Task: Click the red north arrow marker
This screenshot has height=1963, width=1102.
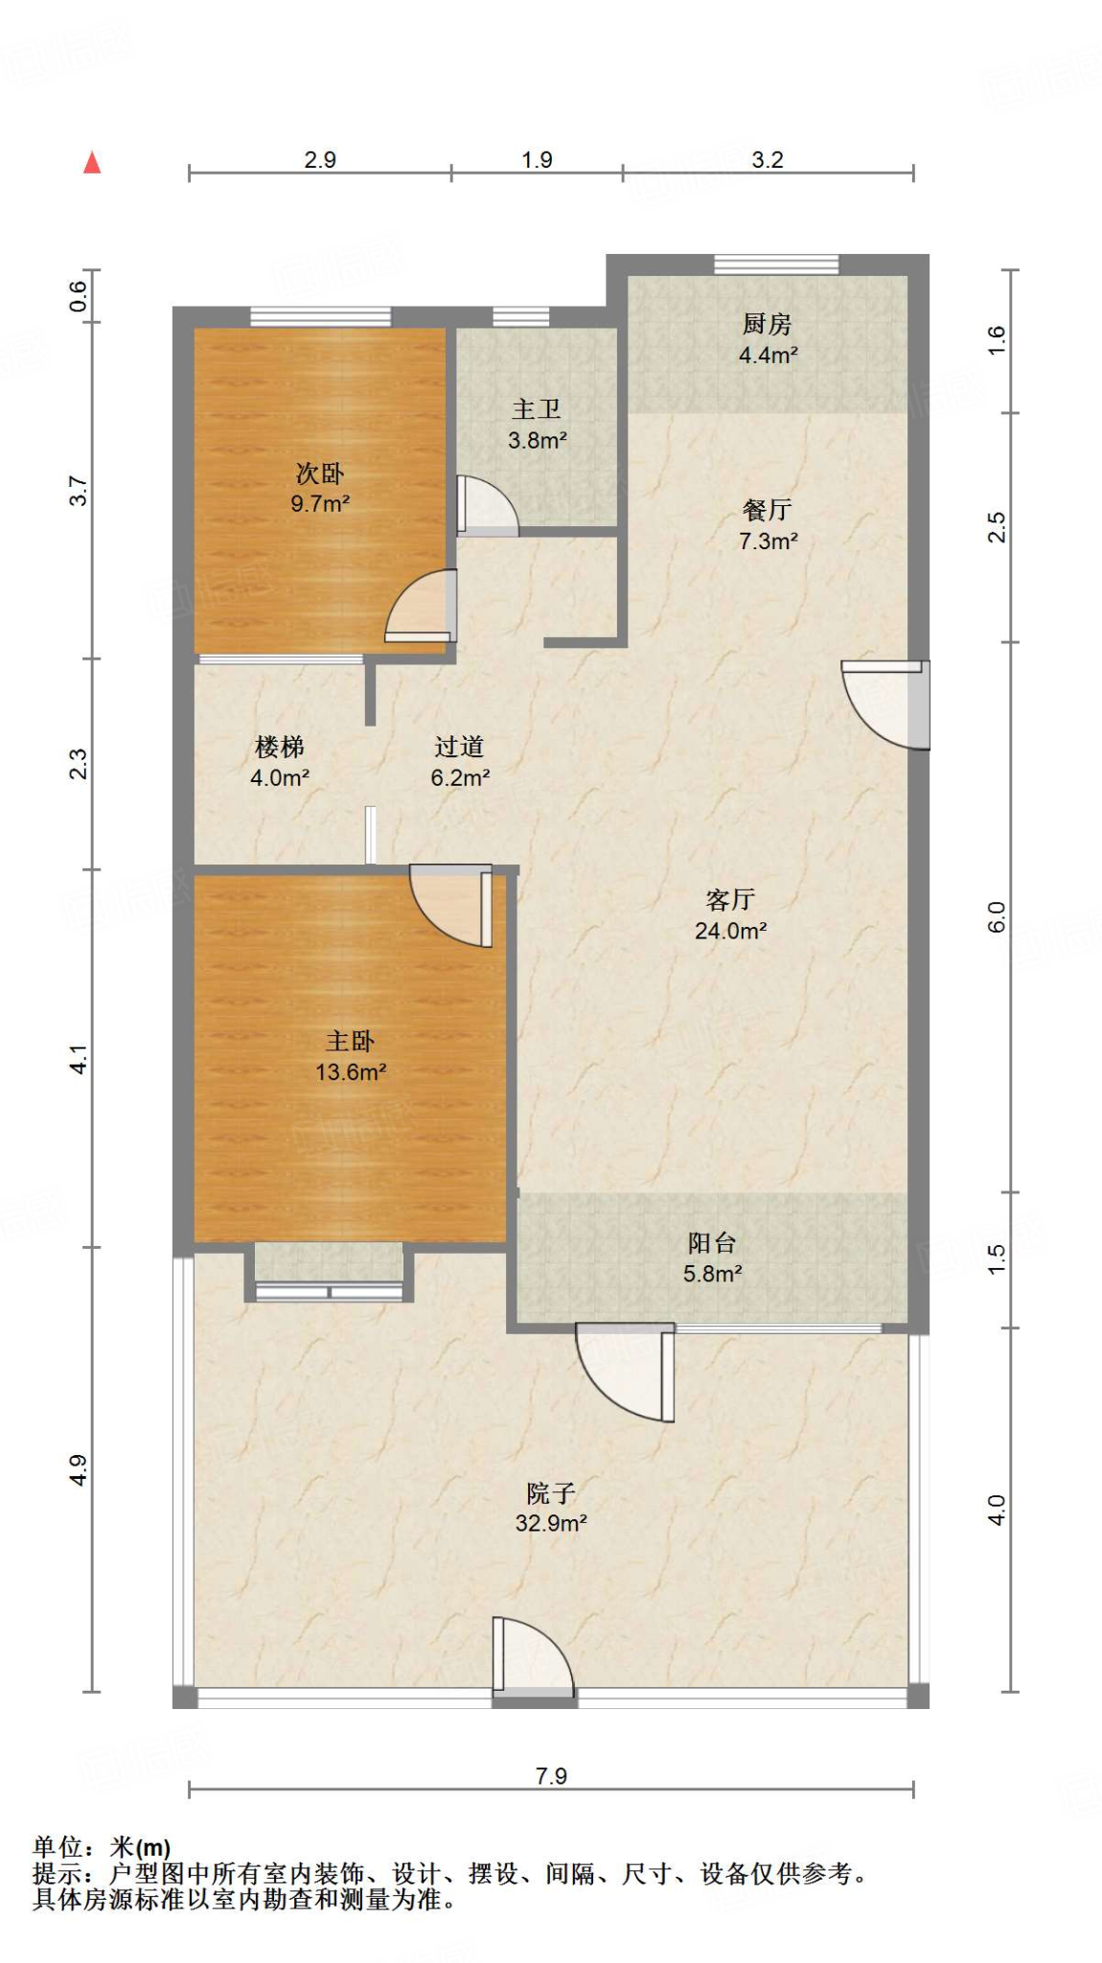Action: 92,163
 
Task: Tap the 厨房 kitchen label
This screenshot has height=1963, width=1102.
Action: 767,324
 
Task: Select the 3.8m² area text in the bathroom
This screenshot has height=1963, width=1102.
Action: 537,441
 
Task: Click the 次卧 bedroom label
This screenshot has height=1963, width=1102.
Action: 319,473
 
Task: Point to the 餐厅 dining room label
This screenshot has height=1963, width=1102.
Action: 767,510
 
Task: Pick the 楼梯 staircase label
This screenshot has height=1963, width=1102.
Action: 279,747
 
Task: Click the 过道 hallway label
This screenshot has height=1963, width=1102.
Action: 459,747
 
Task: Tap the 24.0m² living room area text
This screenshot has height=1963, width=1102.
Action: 730,931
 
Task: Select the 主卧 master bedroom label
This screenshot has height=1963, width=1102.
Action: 350,1041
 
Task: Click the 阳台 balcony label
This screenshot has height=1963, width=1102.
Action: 712,1243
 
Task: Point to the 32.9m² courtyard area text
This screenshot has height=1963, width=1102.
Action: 551,1523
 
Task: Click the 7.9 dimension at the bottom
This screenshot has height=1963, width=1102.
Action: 551,1776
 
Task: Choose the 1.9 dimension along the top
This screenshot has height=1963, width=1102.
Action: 537,159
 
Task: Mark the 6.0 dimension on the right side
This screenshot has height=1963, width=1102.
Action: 997,917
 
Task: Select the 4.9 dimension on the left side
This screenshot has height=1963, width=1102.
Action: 79,1470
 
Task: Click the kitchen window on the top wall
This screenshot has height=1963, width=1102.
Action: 776,264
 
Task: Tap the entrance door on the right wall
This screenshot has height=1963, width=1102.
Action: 886,704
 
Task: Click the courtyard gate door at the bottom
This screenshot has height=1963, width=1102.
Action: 533,1656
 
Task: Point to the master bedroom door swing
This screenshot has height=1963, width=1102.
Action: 451,906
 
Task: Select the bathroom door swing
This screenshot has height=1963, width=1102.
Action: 488,505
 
